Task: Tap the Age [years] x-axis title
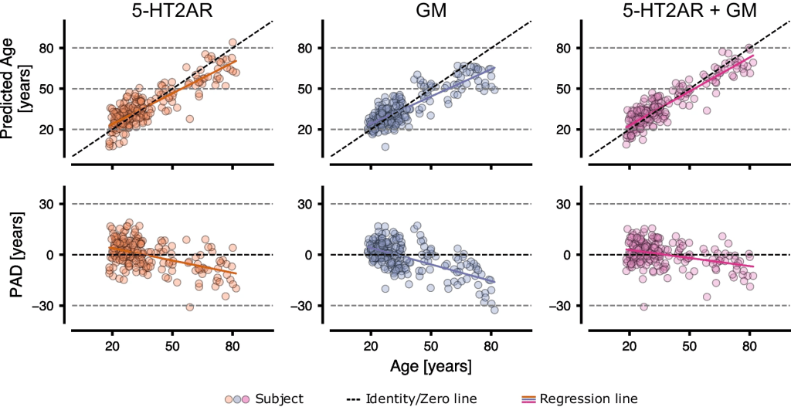pyautogui.click(x=431, y=364)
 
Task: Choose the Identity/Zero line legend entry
pyautogui.click(x=411, y=399)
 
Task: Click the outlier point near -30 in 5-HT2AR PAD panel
pyautogui.click(x=189, y=307)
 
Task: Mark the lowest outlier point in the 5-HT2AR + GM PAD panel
pyautogui.click(x=643, y=307)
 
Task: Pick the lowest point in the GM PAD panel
pyautogui.click(x=494, y=310)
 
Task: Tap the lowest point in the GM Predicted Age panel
pyautogui.click(x=385, y=147)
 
